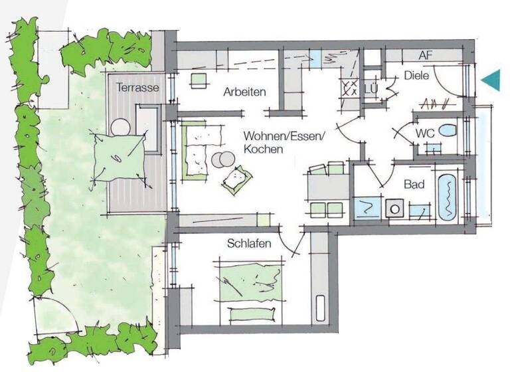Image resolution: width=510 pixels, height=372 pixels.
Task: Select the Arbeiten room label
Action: point(244,92)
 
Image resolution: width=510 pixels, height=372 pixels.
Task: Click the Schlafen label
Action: point(248,244)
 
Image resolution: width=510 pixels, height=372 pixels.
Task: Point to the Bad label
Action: point(414,185)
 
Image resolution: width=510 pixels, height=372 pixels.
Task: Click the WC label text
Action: point(425,133)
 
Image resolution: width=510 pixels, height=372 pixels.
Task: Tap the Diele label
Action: point(417,76)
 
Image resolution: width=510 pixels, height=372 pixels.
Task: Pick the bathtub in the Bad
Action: point(447,197)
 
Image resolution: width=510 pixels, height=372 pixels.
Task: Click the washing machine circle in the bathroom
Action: point(395,208)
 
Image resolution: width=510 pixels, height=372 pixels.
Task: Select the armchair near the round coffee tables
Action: point(237,178)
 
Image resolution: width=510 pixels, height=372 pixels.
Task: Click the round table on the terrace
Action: point(121,126)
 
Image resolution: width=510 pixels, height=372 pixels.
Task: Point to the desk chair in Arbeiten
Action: point(197,80)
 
